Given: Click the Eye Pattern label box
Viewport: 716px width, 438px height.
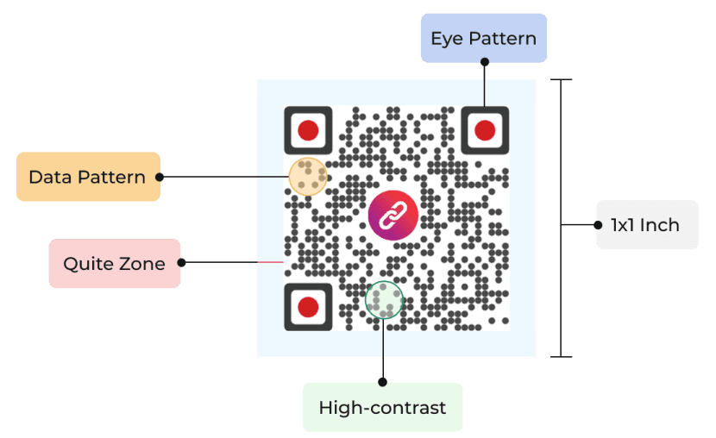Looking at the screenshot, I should pos(483,38).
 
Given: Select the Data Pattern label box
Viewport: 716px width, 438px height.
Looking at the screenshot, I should pos(88,177).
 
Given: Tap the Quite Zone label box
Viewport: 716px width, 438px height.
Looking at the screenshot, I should pos(114,263).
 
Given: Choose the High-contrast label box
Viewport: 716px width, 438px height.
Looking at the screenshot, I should pos(382,407).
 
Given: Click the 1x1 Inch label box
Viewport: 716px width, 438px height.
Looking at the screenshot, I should pos(646,225).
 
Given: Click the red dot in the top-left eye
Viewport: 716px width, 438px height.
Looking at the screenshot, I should pos(308,131).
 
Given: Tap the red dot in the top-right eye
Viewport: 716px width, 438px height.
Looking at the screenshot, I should pos(485,131).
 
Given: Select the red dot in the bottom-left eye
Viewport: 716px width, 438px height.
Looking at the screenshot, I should pos(308,305).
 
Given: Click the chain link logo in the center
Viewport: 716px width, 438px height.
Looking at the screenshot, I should pos(393,215).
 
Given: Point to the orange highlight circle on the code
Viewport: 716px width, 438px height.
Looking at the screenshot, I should pos(307,177).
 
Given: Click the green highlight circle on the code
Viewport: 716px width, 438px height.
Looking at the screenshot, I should pos(384,300).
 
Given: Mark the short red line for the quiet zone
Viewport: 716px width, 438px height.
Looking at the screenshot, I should pos(270,262).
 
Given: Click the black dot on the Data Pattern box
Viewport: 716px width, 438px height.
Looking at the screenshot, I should pos(160,177).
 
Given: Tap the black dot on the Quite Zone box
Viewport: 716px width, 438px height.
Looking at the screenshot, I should pos(181,262).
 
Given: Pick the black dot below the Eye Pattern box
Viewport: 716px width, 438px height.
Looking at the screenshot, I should pos(484,62).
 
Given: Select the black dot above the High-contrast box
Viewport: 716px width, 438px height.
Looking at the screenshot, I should pos(382,380).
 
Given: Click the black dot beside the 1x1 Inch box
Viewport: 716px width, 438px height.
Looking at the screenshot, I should pos(597,225).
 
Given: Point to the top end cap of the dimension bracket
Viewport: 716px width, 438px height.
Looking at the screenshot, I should pos(561,80).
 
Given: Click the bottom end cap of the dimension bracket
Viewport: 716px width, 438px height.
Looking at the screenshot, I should pos(561,356).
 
